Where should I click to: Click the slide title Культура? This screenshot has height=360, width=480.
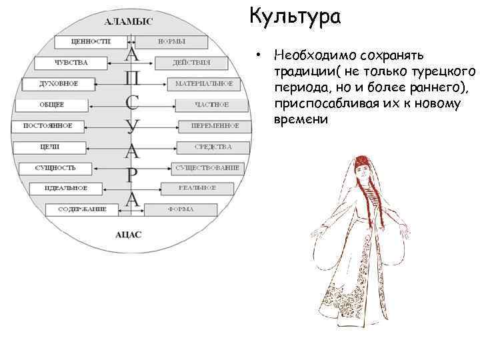tap(295, 16)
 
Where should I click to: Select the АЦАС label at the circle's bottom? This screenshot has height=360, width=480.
tap(129, 235)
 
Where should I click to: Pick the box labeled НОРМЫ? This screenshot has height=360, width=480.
tap(172, 42)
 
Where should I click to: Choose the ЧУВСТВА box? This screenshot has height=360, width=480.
tap(71, 63)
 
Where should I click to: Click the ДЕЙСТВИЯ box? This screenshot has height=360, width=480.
tap(191, 63)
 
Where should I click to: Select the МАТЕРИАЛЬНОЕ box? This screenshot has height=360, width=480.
tap(204, 84)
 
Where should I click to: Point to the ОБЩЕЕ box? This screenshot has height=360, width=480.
tap(52, 105)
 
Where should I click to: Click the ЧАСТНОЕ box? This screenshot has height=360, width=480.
tap(211, 105)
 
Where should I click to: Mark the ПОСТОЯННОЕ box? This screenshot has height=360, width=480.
tap(47, 126)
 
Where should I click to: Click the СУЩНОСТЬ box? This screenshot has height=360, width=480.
tap(56, 167)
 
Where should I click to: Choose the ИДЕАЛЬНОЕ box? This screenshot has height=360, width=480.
tap(65, 189)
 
